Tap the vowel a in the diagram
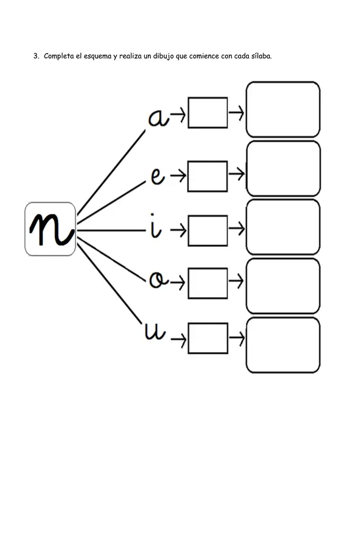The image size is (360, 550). point(158,117)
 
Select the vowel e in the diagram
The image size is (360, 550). point(158,176)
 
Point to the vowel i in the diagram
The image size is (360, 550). point(155,226)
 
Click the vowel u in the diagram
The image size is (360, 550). point(155,331)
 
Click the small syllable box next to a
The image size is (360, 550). point(208,112)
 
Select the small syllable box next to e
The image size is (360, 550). point(208,177)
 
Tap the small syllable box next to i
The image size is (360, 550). point(208,231)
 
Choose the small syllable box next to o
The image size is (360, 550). point(208,284)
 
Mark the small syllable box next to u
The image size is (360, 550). point(208,338)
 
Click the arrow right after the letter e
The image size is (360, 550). point(178,176)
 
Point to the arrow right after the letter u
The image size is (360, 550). point(178,340)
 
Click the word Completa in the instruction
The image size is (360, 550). point(59,56)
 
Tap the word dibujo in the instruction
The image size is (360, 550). point(164,56)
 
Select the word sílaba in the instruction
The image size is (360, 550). point(262,56)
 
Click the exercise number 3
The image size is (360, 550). point(36,56)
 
